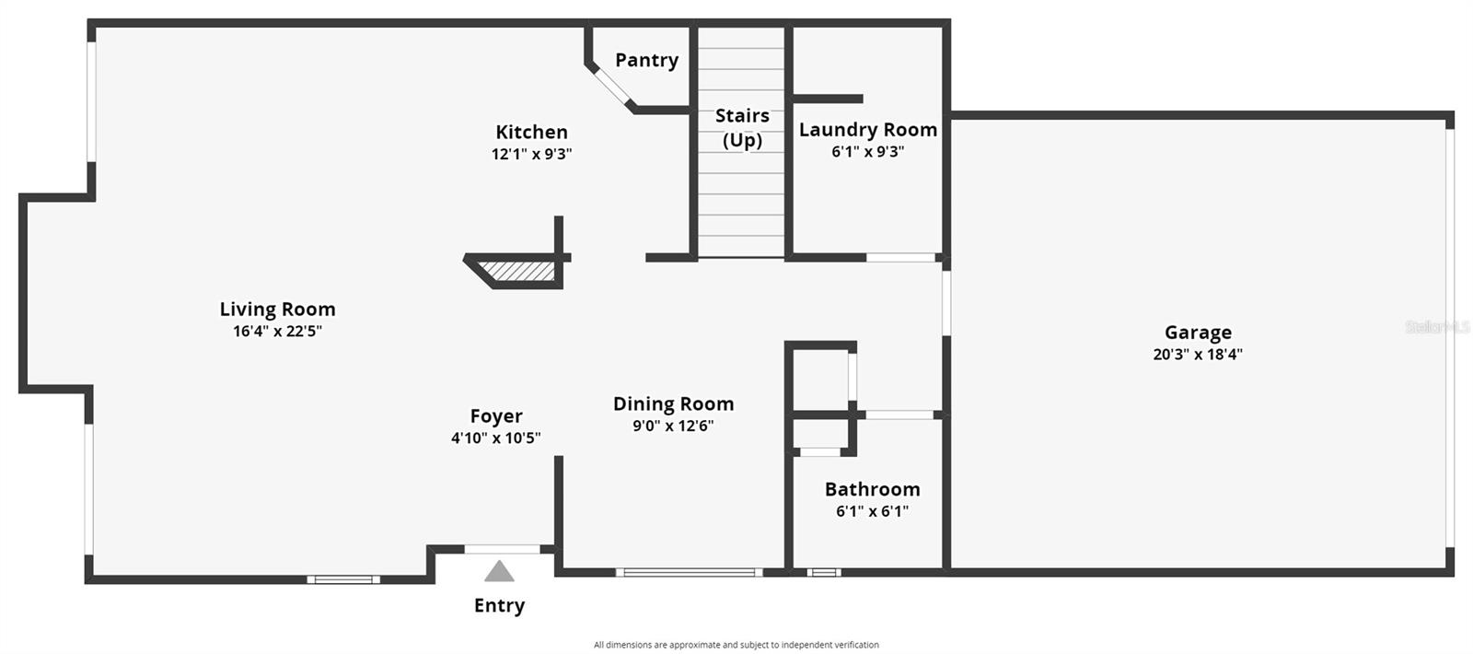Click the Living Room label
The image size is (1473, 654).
(277, 309)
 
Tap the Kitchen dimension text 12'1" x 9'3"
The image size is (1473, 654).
(531, 154)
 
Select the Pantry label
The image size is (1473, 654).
(647, 61)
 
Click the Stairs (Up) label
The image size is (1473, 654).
(742, 128)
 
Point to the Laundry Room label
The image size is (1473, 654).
(868, 130)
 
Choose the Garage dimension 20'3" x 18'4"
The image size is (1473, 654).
(1198, 354)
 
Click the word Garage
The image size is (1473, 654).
(1198, 333)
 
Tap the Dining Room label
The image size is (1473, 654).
(673, 403)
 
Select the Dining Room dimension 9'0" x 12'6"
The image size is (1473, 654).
(673, 426)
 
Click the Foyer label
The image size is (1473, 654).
(496, 416)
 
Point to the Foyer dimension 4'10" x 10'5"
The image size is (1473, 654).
(496, 438)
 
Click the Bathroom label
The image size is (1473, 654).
(873, 489)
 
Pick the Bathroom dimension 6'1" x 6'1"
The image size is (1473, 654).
(873, 511)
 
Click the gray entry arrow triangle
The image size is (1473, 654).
(499, 572)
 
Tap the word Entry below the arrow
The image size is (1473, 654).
(499, 605)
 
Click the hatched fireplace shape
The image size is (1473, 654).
(517, 271)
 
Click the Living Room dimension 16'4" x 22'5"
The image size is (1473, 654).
(277, 331)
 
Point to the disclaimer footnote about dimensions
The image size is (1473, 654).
(736, 645)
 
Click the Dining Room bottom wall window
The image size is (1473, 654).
(690, 572)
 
